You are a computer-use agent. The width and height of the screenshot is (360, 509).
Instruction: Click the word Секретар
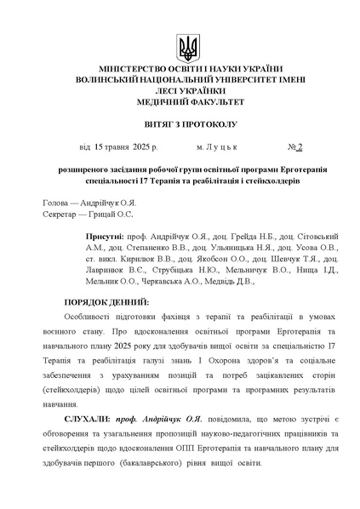click(x=61, y=215)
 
